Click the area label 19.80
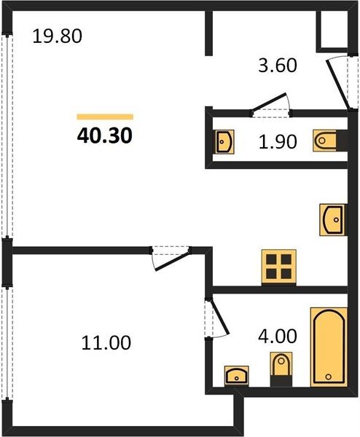pyautogui.click(x=57, y=36)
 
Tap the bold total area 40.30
pyautogui.click(x=104, y=135)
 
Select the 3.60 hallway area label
pyautogui.click(x=278, y=66)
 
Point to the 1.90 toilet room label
pyautogui.click(x=278, y=141)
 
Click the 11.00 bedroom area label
pyautogui.click(x=106, y=343)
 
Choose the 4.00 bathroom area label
pyautogui.click(x=278, y=336)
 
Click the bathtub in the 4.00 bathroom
pyautogui.click(x=329, y=347)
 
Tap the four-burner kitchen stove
pyautogui.click(x=278, y=267)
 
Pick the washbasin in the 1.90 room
pyautogui.click(x=224, y=141)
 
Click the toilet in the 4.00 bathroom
pyautogui.click(x=281, y=369)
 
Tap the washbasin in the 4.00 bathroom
pyautogui.click(x=236, y=376)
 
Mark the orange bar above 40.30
pyautogui.click(x=105, y=117)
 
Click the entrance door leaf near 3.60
pyautogui.click(x=337, y=84)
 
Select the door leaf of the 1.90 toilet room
pyautogui.click(x=270, y=103)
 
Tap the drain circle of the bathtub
pyautogui.click(x=329, y=377)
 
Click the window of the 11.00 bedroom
pyautogui.click(x=7, y=344)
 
